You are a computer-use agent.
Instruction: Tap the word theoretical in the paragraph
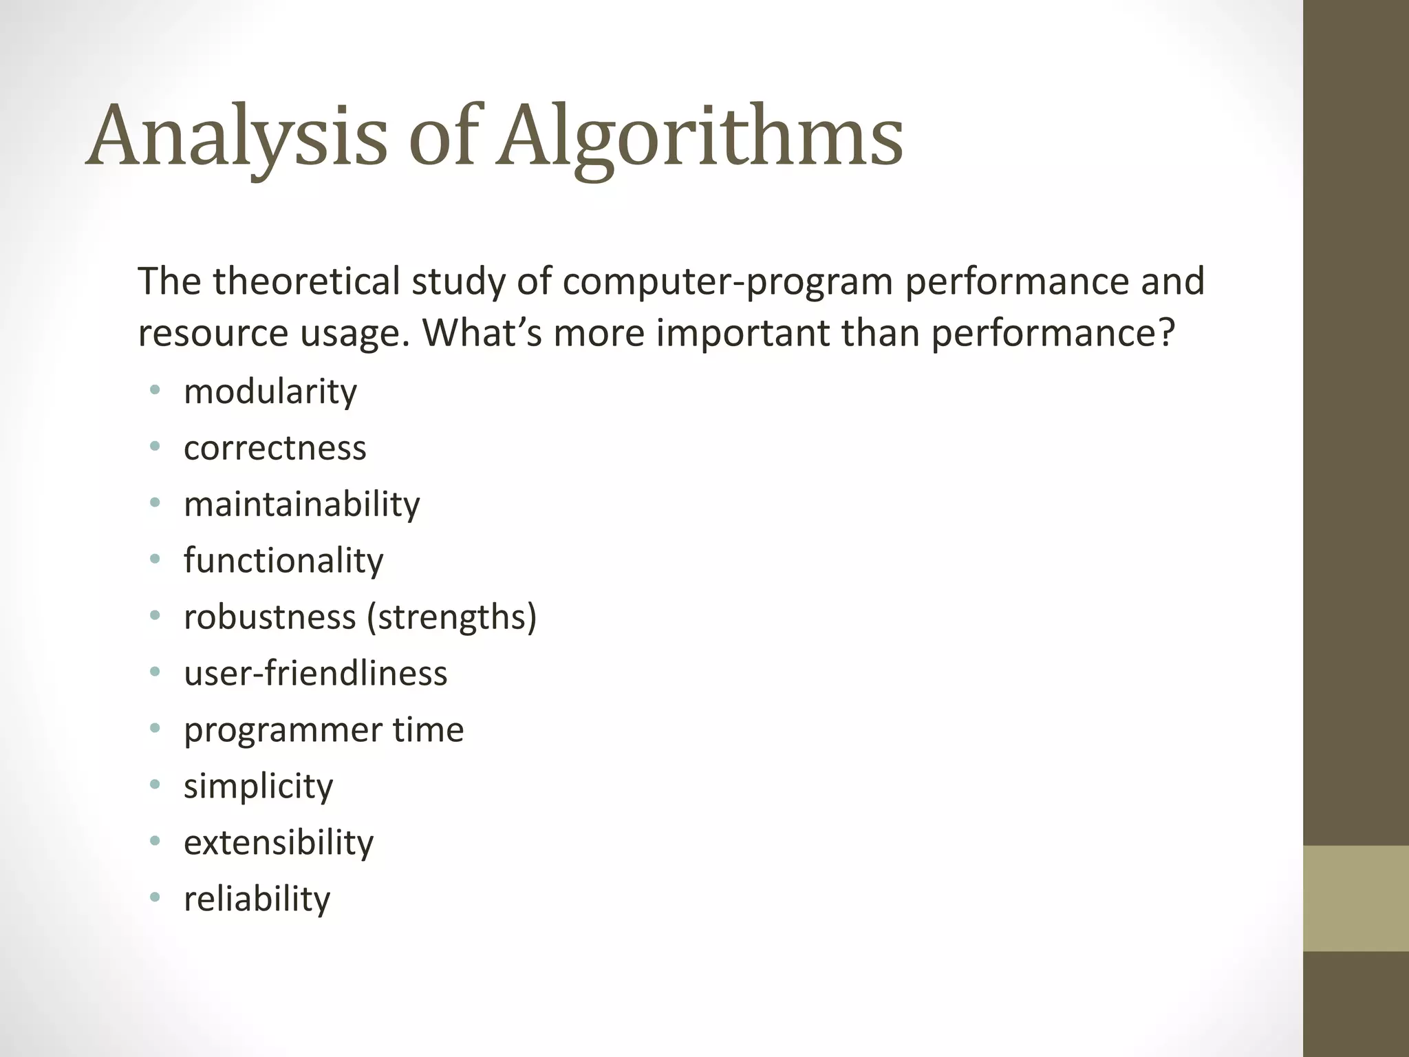[x=306, y=281]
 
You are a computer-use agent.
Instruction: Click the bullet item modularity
[x=270, y=392]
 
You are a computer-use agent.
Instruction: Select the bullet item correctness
[x=275, y=449]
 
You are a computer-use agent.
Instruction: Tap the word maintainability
[x=301, y=504]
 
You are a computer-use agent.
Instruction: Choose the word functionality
[x=283, y=561]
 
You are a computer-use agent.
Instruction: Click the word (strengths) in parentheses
[x=451, y=617]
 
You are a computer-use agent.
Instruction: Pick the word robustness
[x=270, y=617]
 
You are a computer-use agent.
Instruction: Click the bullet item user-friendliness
[x=315, y=674]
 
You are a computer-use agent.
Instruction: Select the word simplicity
[x=258, y=787]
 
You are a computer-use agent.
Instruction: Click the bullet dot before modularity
[x=155, y=391]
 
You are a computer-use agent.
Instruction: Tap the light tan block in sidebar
[x=1355, y=898]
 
